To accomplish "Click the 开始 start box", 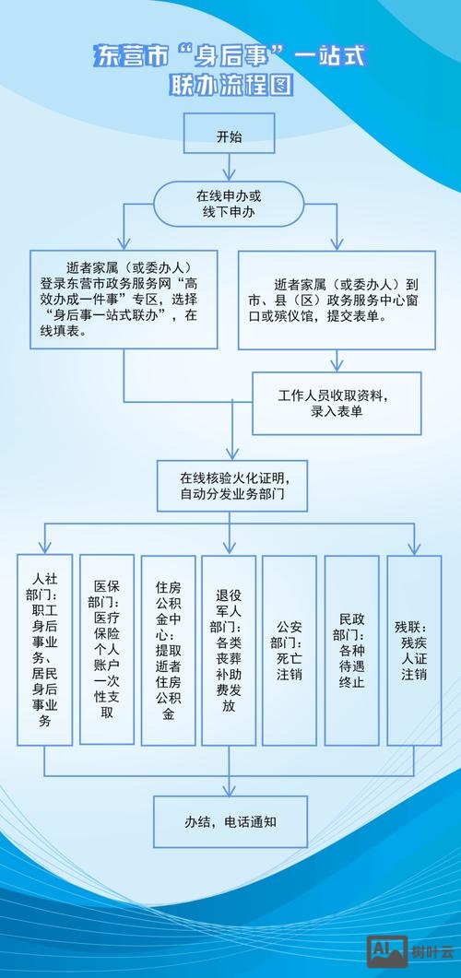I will (x=229, y=136).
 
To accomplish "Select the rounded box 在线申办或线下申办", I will (x=229, y=204).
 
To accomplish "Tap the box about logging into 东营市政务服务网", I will (x=124, y=300).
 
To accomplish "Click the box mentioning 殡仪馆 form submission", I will (x=337, y=300).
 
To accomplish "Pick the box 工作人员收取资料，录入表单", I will (x=337, y=404).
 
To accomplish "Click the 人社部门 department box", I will (x=45, y=650).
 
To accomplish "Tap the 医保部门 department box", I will (x=106, y=650).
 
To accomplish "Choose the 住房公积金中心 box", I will (x=168, y=650).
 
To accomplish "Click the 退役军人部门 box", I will (x=229, y=650).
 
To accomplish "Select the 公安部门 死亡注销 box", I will (x=290, y=650).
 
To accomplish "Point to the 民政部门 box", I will (x=351, y=650).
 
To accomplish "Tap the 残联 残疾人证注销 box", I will (x=412, y=650).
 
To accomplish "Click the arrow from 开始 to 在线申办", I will (x=229, y=168).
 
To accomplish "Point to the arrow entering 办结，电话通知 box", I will (x=230, y=785).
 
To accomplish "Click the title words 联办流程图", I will (x=230, y=86).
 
